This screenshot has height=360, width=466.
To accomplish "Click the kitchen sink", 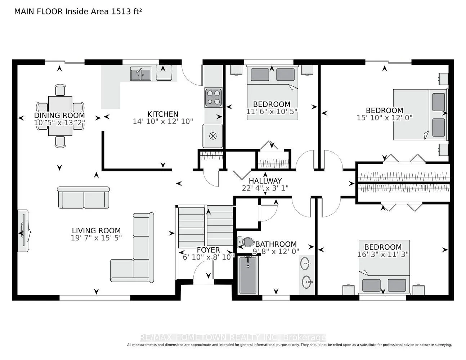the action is (141, 73).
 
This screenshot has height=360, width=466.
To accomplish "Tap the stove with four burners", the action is (213, 98).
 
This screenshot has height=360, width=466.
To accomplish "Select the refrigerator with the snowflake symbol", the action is (212, 136).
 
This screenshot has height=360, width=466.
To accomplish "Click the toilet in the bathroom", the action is (246, 242).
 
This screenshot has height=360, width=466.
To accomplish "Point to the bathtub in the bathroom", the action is (248, 275).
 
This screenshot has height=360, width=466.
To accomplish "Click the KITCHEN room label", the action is (163, 114).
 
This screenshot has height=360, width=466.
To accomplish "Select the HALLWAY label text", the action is (265, 181).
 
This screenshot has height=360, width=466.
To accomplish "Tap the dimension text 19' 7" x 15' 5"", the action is (96, 238).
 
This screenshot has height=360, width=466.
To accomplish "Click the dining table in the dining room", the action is (60, 116).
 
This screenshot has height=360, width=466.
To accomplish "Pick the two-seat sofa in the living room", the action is (84, 197).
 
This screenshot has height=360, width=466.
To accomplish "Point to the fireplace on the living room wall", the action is (24, 231).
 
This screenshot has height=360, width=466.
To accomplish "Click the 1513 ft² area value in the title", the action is (126, 12).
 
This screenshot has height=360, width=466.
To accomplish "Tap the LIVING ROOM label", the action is (96, 230).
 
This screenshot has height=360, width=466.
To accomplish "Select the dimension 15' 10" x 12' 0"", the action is (385, 118).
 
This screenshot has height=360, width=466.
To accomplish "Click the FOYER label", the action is (208, 250).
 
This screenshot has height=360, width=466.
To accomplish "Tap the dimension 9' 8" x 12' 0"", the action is (276, 251).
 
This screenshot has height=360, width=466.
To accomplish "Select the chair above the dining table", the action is (60, 90).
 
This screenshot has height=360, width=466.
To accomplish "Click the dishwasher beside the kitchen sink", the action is (164, 72).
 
